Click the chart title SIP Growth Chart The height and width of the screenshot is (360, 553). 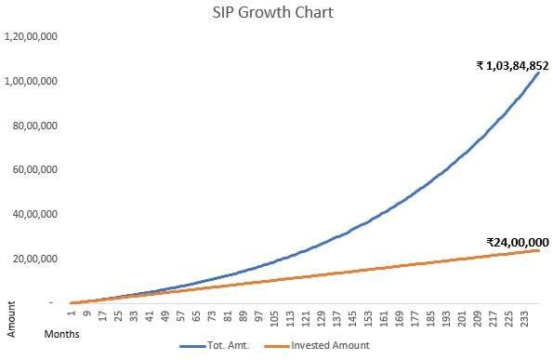tap(275, 14)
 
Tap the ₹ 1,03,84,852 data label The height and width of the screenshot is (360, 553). tap(512, 65)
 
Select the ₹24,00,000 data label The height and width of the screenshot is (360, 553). tap(518, 241)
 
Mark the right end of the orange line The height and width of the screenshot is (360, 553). tap(539, 250)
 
